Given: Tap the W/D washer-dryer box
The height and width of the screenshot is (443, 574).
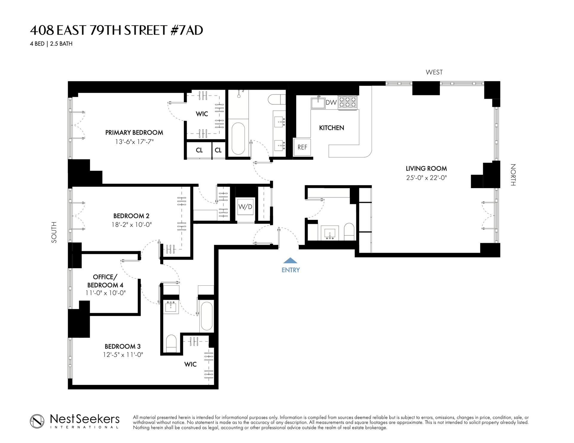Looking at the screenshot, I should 245,206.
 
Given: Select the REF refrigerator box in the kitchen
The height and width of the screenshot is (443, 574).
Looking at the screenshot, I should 302,147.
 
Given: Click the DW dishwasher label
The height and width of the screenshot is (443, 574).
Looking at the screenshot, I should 331,103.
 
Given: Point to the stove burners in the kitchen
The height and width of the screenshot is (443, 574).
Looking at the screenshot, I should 347,102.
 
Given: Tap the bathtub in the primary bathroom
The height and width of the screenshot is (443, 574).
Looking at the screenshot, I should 238,138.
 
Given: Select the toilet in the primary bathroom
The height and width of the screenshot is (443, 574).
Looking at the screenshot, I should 277,99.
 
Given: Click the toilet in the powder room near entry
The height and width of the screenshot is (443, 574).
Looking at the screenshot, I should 349,232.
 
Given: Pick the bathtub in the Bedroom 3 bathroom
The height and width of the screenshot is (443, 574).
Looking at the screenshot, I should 207,316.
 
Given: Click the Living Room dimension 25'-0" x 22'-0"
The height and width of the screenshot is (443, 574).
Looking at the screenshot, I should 426,178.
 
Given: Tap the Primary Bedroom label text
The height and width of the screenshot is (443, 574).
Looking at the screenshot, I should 134,133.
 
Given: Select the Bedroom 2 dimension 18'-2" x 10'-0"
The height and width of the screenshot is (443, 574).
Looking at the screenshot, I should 132,225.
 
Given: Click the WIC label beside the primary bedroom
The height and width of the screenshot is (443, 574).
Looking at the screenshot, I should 202,114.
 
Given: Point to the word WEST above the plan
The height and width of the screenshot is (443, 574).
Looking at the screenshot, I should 434,72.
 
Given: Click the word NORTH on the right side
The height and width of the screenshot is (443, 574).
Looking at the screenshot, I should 513,175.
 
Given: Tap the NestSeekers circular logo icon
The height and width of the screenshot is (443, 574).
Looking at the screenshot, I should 37,421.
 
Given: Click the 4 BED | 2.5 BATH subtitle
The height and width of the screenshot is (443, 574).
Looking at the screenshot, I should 51,44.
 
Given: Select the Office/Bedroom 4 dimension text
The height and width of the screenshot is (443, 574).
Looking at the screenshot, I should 106,293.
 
